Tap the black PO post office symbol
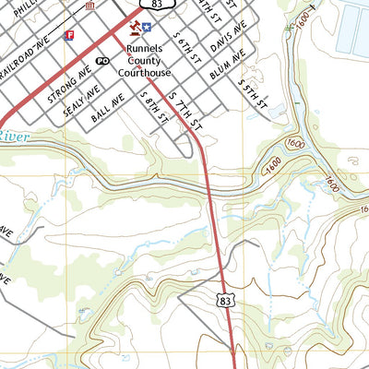(x=102, y=60)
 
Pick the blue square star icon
(x=146, y=30)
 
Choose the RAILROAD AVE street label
(x=30, y=54)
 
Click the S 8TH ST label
(x=151, y=107)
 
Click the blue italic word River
(x=14, y=137)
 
